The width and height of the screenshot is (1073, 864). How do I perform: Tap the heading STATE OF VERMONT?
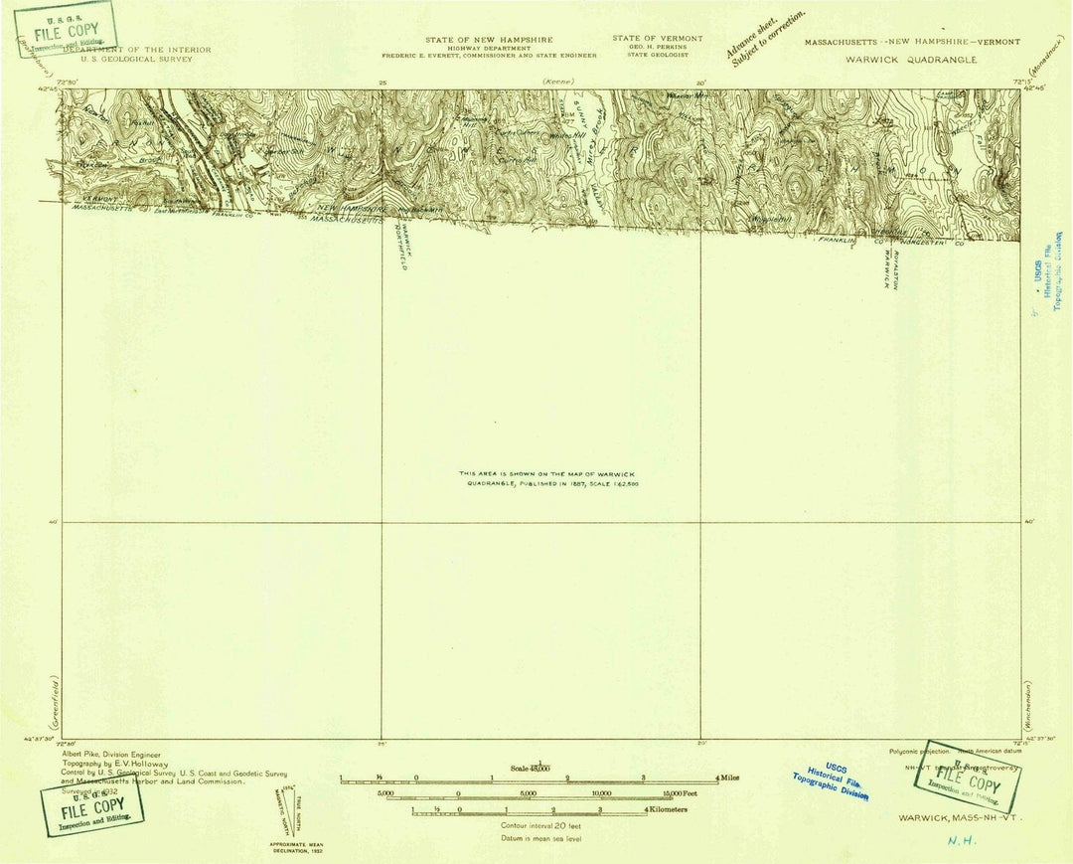coord(657,39)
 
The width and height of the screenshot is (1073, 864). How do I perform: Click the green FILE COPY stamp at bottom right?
coord(968,775)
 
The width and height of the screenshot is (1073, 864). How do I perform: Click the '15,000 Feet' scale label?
coord(683,793)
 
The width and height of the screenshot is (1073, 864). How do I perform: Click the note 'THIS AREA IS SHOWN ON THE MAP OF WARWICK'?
coord(541,473)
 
